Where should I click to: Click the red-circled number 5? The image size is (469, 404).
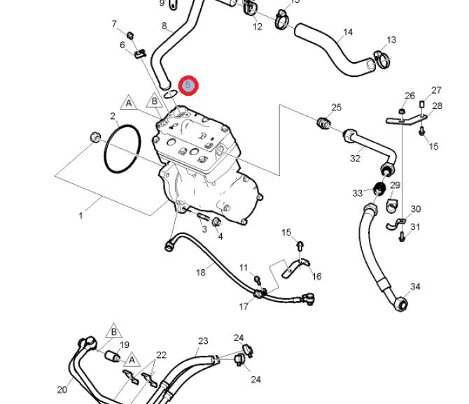click(188, 86)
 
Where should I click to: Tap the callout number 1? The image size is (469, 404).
click(80, 215)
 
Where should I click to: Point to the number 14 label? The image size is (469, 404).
click(348, 33)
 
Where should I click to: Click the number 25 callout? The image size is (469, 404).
click(336, 108)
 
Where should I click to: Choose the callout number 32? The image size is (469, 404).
click(355, 159)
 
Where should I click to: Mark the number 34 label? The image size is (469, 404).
click(415, 287)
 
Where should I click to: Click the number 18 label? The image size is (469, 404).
click(200, 272)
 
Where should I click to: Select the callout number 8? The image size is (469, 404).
click(165, 27)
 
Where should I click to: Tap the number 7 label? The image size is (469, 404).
click(114, 24)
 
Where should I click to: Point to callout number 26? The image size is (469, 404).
click(409, 96)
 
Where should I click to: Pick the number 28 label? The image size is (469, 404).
click(437, 106)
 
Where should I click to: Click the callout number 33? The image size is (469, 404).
click(358, 193)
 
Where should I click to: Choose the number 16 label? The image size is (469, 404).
click(316, 276)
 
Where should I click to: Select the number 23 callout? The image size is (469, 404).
click(203, 341)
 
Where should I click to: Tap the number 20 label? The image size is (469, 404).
click(62, 390)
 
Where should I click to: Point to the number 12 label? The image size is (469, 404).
click(257, 27)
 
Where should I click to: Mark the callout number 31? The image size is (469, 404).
click(415, 226)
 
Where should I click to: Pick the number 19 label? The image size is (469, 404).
click(125, 345)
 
